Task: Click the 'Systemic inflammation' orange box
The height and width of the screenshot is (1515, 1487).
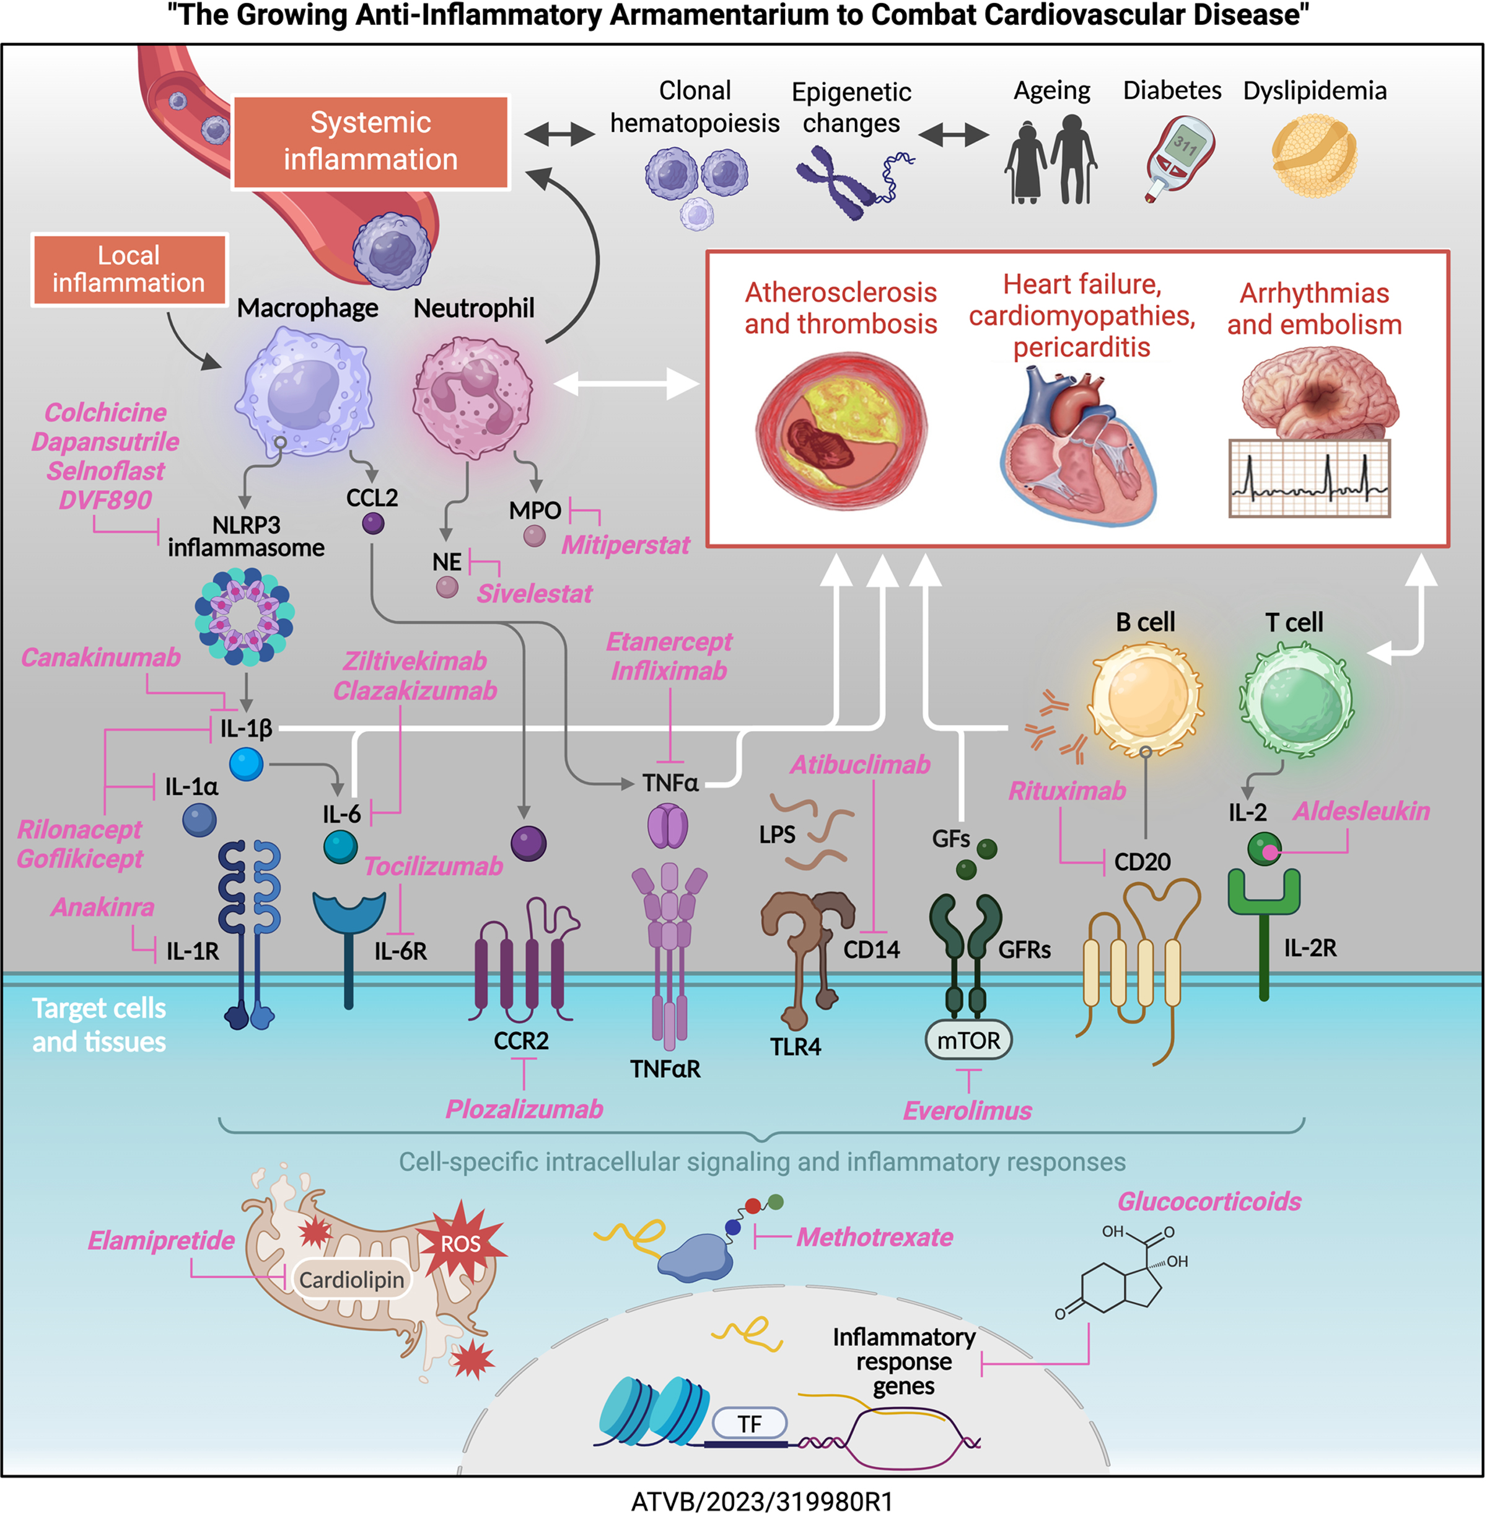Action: (371, 142)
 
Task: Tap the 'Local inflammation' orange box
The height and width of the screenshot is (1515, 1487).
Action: (129, 270)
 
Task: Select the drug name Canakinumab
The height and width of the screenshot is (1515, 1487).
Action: (101, 657)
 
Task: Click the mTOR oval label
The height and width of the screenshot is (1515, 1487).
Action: (968, 1040)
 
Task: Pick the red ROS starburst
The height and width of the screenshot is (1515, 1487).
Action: (461, 1243)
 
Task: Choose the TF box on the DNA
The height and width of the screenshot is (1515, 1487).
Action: (749, 1424)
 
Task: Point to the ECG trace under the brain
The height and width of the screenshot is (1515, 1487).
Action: (1309, 478)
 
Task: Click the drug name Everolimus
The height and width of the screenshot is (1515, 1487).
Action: (967, 1110)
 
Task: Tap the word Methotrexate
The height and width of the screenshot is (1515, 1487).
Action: (875, 1237)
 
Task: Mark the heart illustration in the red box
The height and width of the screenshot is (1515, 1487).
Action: (1077, 445)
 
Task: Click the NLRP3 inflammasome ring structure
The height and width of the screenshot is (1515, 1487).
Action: (245, 617)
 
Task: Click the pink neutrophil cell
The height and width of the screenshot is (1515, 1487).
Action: (473, 397)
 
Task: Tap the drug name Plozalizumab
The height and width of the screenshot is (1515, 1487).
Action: (524, 1109)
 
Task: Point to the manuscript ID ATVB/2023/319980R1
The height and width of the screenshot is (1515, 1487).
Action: (761, 1501)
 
